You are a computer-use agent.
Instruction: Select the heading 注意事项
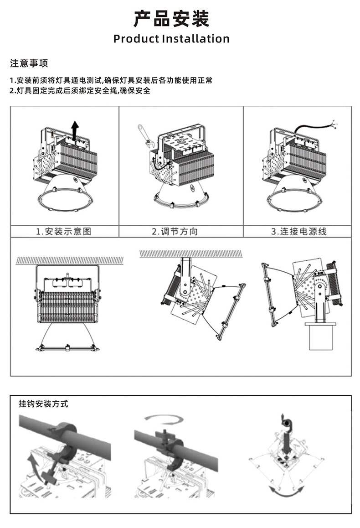(x=29, y=63)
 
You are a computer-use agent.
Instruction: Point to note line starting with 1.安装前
(x=111, y=80)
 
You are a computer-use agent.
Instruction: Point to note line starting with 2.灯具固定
(x=80, y=90)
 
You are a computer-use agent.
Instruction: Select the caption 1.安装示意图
(x=64, y=232)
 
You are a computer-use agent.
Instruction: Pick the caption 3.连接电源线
(x=299, y=232)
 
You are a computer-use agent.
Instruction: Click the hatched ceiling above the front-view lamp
(x=69, y=260)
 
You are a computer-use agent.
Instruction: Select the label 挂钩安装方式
(x=43, y=404)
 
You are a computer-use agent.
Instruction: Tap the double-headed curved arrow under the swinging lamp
(x=287, y=492)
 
